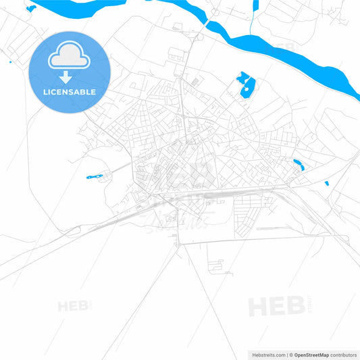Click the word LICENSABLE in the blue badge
click(69, 92)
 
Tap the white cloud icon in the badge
click(69, 57)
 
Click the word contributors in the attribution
click(348, 355)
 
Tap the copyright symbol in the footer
click(291, 355)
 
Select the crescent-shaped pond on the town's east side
click(299, 163)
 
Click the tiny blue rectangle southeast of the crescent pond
click(327, 183)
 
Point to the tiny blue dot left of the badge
click(10, 62)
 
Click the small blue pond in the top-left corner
click(31, 8)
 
